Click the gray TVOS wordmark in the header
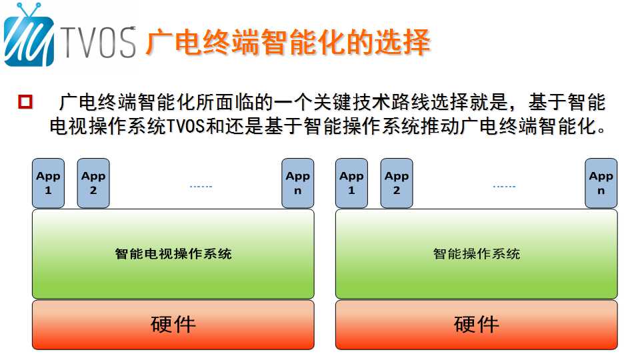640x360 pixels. click(99, 43)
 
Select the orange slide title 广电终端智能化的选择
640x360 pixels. click(288, 42)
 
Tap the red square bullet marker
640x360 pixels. click(25, 101)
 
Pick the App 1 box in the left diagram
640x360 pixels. click(48, 183)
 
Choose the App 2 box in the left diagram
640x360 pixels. click(93, 183)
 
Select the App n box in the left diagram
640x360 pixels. click(298, 183)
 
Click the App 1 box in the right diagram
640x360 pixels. click(351, 183)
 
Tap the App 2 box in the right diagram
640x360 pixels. click(397, 183)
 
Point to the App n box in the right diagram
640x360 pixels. click(601, 183)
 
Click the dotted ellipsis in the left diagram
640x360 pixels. click(201, 187)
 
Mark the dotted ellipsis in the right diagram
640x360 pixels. click(505, 187)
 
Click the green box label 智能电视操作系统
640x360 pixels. click(173, 254)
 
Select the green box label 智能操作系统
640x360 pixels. click(476, 254)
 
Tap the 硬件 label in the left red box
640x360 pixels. click(173, 325)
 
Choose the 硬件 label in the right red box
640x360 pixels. click(476, 325)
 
